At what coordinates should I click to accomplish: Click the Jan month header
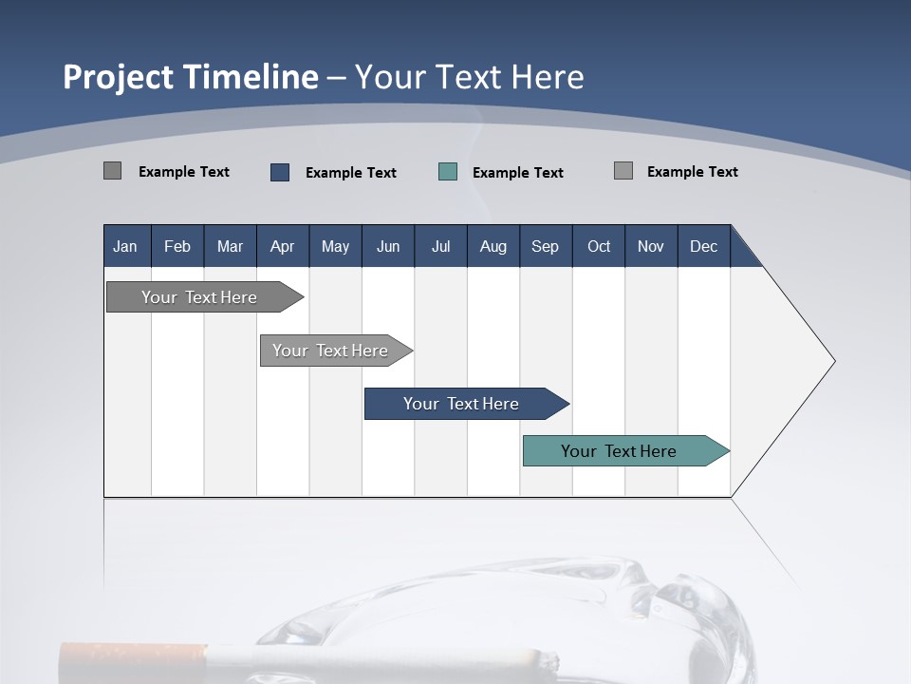125,246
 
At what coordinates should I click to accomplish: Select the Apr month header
282,246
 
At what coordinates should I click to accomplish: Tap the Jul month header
440,246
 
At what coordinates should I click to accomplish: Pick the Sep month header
545,246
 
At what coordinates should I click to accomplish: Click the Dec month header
703,246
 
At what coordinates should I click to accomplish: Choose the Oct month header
599,246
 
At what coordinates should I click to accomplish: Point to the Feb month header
177,246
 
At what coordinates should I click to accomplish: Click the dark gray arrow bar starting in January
199,297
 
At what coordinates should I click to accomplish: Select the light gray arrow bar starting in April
330,351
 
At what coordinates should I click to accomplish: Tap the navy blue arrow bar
461,404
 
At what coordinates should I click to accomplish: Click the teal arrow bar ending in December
619,451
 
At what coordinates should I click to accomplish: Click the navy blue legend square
280,172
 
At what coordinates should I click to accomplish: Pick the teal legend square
448,172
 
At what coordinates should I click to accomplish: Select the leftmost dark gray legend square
113,171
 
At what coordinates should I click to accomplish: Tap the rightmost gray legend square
623,171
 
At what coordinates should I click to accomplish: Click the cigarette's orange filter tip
133,661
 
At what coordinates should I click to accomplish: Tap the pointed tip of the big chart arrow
833,361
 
